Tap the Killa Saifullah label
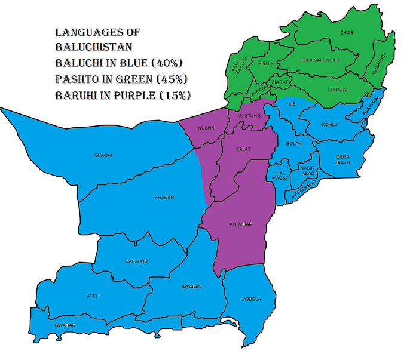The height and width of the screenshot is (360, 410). (x=316, y=60)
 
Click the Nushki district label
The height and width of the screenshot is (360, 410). (x=206, y=128)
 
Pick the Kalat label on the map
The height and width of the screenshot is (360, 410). (x=242, y=148)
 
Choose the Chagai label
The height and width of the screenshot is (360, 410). (x=103, y=155)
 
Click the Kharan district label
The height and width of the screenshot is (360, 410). (x=164, y=198)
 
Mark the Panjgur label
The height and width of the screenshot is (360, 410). (x=137, y=261)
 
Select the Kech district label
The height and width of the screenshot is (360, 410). (x=93, y=296)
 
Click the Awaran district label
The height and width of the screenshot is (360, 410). (x=191, y=287)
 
